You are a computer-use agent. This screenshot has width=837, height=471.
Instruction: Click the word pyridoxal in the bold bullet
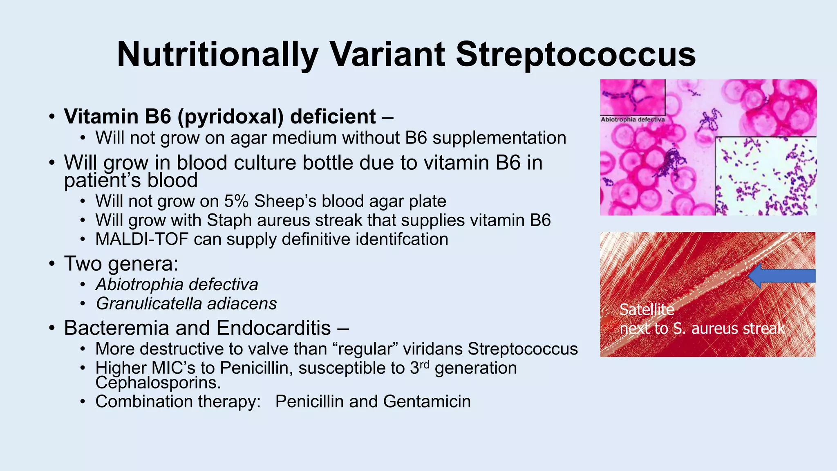tap(231, 117)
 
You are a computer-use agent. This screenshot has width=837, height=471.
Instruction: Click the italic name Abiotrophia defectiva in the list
tap(177, 285)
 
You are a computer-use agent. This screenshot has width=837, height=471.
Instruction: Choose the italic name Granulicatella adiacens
tap(186, 304)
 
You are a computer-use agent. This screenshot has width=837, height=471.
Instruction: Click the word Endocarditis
tap(273, 328)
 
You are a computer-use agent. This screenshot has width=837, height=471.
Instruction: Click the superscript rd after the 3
tap(425, 363)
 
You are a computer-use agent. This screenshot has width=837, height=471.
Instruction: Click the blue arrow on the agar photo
tap(781, 276)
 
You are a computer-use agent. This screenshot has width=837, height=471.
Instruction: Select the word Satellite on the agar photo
tap(647, 310)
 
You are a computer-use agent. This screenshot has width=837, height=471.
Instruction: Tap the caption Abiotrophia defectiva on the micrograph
tap(632, 120)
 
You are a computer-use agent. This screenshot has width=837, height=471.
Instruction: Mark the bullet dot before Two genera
tap(51, 264)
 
